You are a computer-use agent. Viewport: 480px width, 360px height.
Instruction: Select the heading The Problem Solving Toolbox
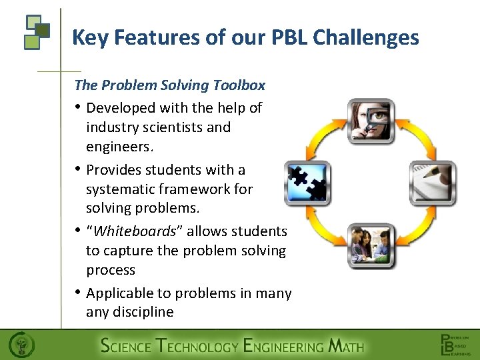click(170, 85)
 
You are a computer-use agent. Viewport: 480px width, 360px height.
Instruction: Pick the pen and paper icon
click(433, 183)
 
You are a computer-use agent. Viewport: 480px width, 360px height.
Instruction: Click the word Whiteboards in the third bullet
click(138, 231)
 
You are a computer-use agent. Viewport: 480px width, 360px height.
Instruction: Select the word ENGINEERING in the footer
click(283, 346)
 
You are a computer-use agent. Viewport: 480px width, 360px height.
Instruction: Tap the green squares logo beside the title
click(37, 32)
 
